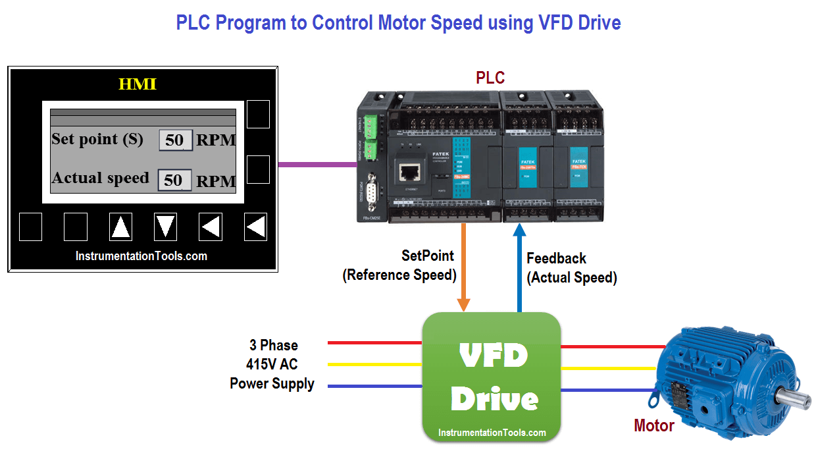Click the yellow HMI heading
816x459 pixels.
(137, 84)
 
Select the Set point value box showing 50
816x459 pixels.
(175, 140)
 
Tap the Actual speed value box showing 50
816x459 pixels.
(174, 180)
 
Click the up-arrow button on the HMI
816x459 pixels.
(120, 227)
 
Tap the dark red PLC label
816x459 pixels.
(490, 78)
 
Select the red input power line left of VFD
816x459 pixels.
(374, 343)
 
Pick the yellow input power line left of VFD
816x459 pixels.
(374, 364)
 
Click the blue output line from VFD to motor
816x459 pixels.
(612, 390)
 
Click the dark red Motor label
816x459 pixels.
(653, 426)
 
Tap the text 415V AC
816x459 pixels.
(272, 364)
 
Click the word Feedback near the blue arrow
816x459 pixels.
(556, 258)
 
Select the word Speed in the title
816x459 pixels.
(456, 22)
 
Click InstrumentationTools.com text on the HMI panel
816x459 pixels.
(141, 256)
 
